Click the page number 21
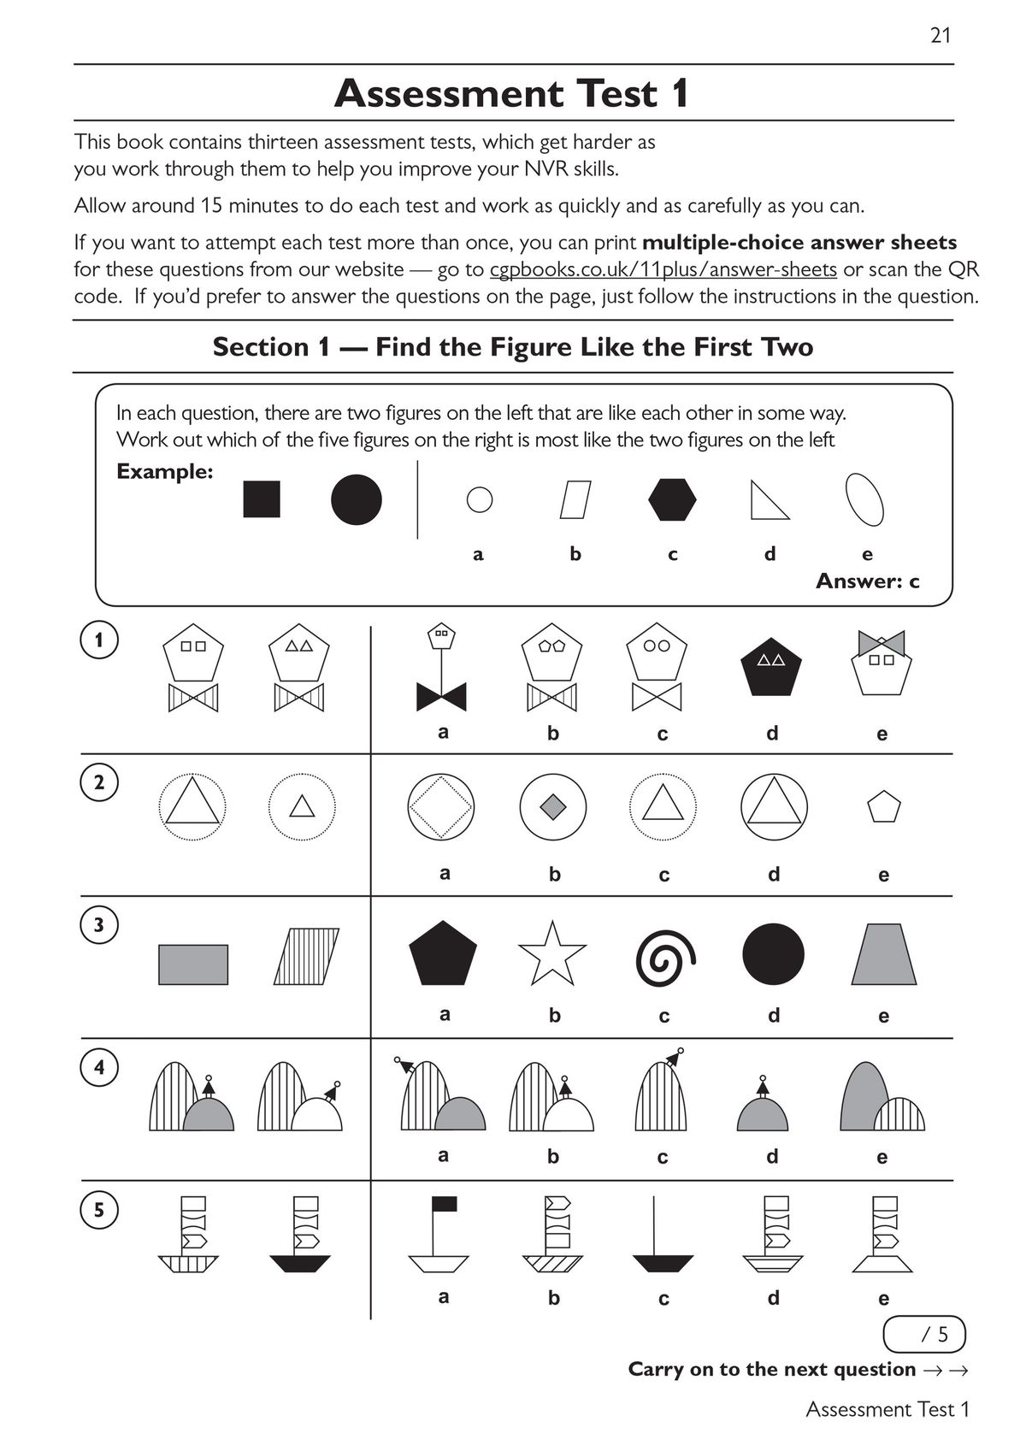coord(940,35)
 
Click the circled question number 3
coord(99,925)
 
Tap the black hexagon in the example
coord(672,499)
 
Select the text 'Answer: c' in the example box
coord(867,581)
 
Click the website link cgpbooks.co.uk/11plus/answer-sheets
coord(663,269)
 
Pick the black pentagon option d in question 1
coord(772,666)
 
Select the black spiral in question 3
coord(665,956)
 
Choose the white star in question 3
coord(552,954)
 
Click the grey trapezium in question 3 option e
coord(883,955)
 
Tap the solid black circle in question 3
coord(773,954)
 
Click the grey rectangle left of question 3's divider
coord(193,964)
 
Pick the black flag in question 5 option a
coord(445,1205)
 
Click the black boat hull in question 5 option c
coord(663,1263)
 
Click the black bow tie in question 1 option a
coord(441,697)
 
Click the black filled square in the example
coord(262,499)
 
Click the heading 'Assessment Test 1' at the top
coord(511,93)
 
